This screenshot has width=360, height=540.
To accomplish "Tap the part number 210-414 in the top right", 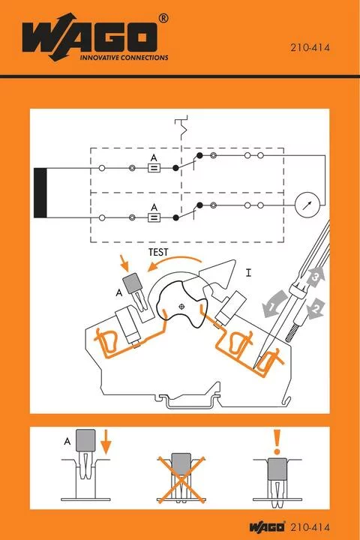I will click(310, 48).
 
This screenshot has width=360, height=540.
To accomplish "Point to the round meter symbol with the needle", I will click(306, 204).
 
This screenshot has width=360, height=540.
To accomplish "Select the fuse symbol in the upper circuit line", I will click(154, 169).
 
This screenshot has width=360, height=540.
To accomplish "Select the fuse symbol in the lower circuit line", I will click(154, 217).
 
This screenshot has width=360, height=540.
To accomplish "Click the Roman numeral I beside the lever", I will click(248, 269).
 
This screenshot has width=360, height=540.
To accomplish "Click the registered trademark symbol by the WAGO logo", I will click(163, 17).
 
